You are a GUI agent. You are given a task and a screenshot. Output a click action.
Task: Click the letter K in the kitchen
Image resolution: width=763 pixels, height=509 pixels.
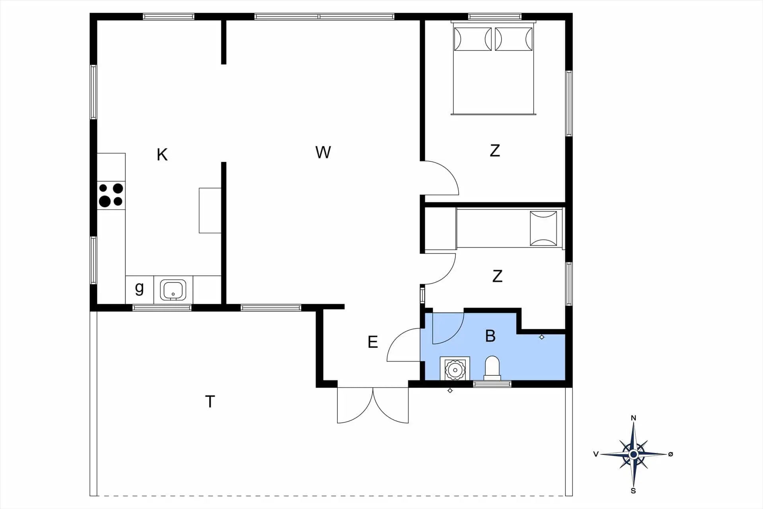[x=162, y=154]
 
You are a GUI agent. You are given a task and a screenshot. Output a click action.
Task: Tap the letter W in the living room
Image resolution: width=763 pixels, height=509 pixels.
[x=323, y=152]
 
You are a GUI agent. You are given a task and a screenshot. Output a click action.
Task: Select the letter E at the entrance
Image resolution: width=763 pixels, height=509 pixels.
[x=372, y=342]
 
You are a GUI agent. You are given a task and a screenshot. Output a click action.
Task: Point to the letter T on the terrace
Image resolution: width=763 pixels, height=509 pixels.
[x=210, y=402]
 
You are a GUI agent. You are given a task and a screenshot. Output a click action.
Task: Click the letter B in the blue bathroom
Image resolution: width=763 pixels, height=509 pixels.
[x=490, y=336]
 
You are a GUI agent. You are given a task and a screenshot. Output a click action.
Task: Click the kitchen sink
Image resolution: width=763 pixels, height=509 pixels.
[x=173, y=290]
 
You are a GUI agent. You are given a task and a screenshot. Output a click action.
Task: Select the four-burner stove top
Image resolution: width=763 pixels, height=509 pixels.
[x=111, y=195]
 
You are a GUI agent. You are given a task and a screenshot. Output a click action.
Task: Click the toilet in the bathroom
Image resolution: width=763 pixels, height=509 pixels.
[x=492, y=367]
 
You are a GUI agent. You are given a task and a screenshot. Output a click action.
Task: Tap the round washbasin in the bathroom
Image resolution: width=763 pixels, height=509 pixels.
[x=455, y=370]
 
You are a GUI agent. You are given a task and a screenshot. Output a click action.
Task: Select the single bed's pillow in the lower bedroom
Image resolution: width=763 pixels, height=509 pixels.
[x=543, y=228]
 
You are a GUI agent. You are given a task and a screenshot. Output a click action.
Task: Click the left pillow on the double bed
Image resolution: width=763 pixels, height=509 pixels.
[x=473, y=39]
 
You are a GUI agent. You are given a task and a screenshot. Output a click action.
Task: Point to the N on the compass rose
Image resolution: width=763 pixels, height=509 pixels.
[x=633, y=418]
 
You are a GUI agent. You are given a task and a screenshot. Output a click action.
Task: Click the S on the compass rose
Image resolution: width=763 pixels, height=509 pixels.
[x=633, y=491]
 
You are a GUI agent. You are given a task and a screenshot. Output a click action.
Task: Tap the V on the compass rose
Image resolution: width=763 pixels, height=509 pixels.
[x=596, y=454]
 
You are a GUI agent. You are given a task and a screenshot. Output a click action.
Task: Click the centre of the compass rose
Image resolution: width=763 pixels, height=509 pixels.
[x=633, y=454]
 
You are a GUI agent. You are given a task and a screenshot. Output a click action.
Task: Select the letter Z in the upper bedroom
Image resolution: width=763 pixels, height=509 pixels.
[x=495, y=151]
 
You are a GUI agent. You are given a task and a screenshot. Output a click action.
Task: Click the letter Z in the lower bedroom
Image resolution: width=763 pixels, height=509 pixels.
[x=497, y=276]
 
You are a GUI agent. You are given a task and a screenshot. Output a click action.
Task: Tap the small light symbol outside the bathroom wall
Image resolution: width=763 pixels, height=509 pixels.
[x=450, y=390]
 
